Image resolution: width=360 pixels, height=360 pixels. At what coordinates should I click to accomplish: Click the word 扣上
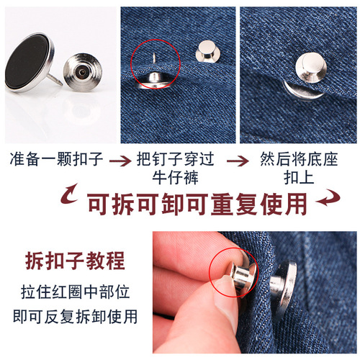(x=294, y=176)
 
